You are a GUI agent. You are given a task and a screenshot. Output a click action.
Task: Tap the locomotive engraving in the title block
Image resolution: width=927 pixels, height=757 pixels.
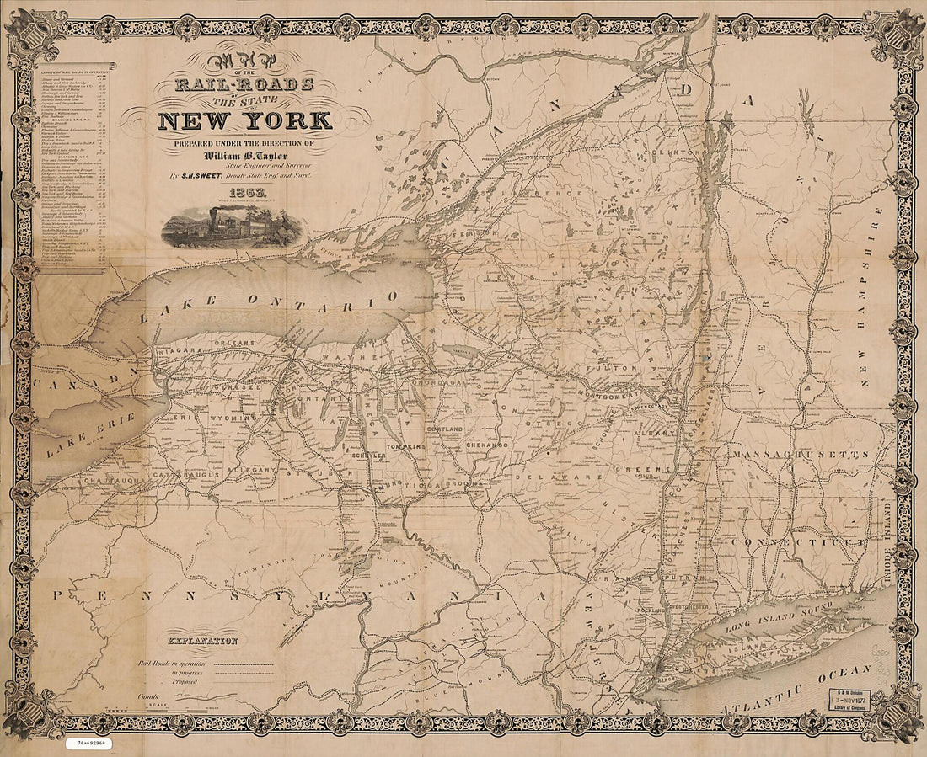pyautogui.click(x=230, y=227)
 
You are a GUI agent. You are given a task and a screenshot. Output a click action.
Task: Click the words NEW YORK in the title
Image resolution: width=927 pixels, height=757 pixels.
pyautogui.click(x=244, y=119)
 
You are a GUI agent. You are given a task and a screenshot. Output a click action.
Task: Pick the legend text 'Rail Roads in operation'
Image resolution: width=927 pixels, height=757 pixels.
pyautogui.click(x=174, y=664)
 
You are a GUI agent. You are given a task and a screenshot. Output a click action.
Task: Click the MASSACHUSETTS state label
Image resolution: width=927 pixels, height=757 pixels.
pyautogui.click(x=801, y=455)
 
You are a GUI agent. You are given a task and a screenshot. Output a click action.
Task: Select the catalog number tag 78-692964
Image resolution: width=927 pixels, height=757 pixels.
pyautogui.click(x=88, y=744)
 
